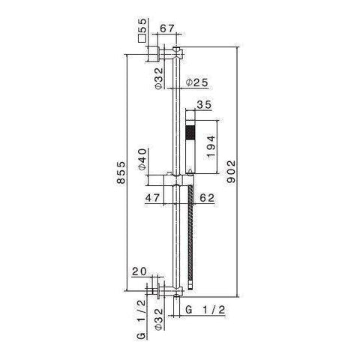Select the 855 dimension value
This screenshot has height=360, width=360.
(x=121, y=172)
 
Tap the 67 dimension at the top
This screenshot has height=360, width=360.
(x=166, y=28)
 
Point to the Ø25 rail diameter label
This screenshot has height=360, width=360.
(x=197, y=82)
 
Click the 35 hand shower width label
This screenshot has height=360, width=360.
(x=204, y=105)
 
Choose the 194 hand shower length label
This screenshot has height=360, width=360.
(x=211, y=146)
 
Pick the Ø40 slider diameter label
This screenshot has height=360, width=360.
(x=142, y=159)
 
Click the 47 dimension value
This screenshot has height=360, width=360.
(x=152, y=198)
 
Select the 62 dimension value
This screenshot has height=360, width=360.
(x=207, y=198)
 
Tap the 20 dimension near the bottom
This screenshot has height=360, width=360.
(x=139, y=271)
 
